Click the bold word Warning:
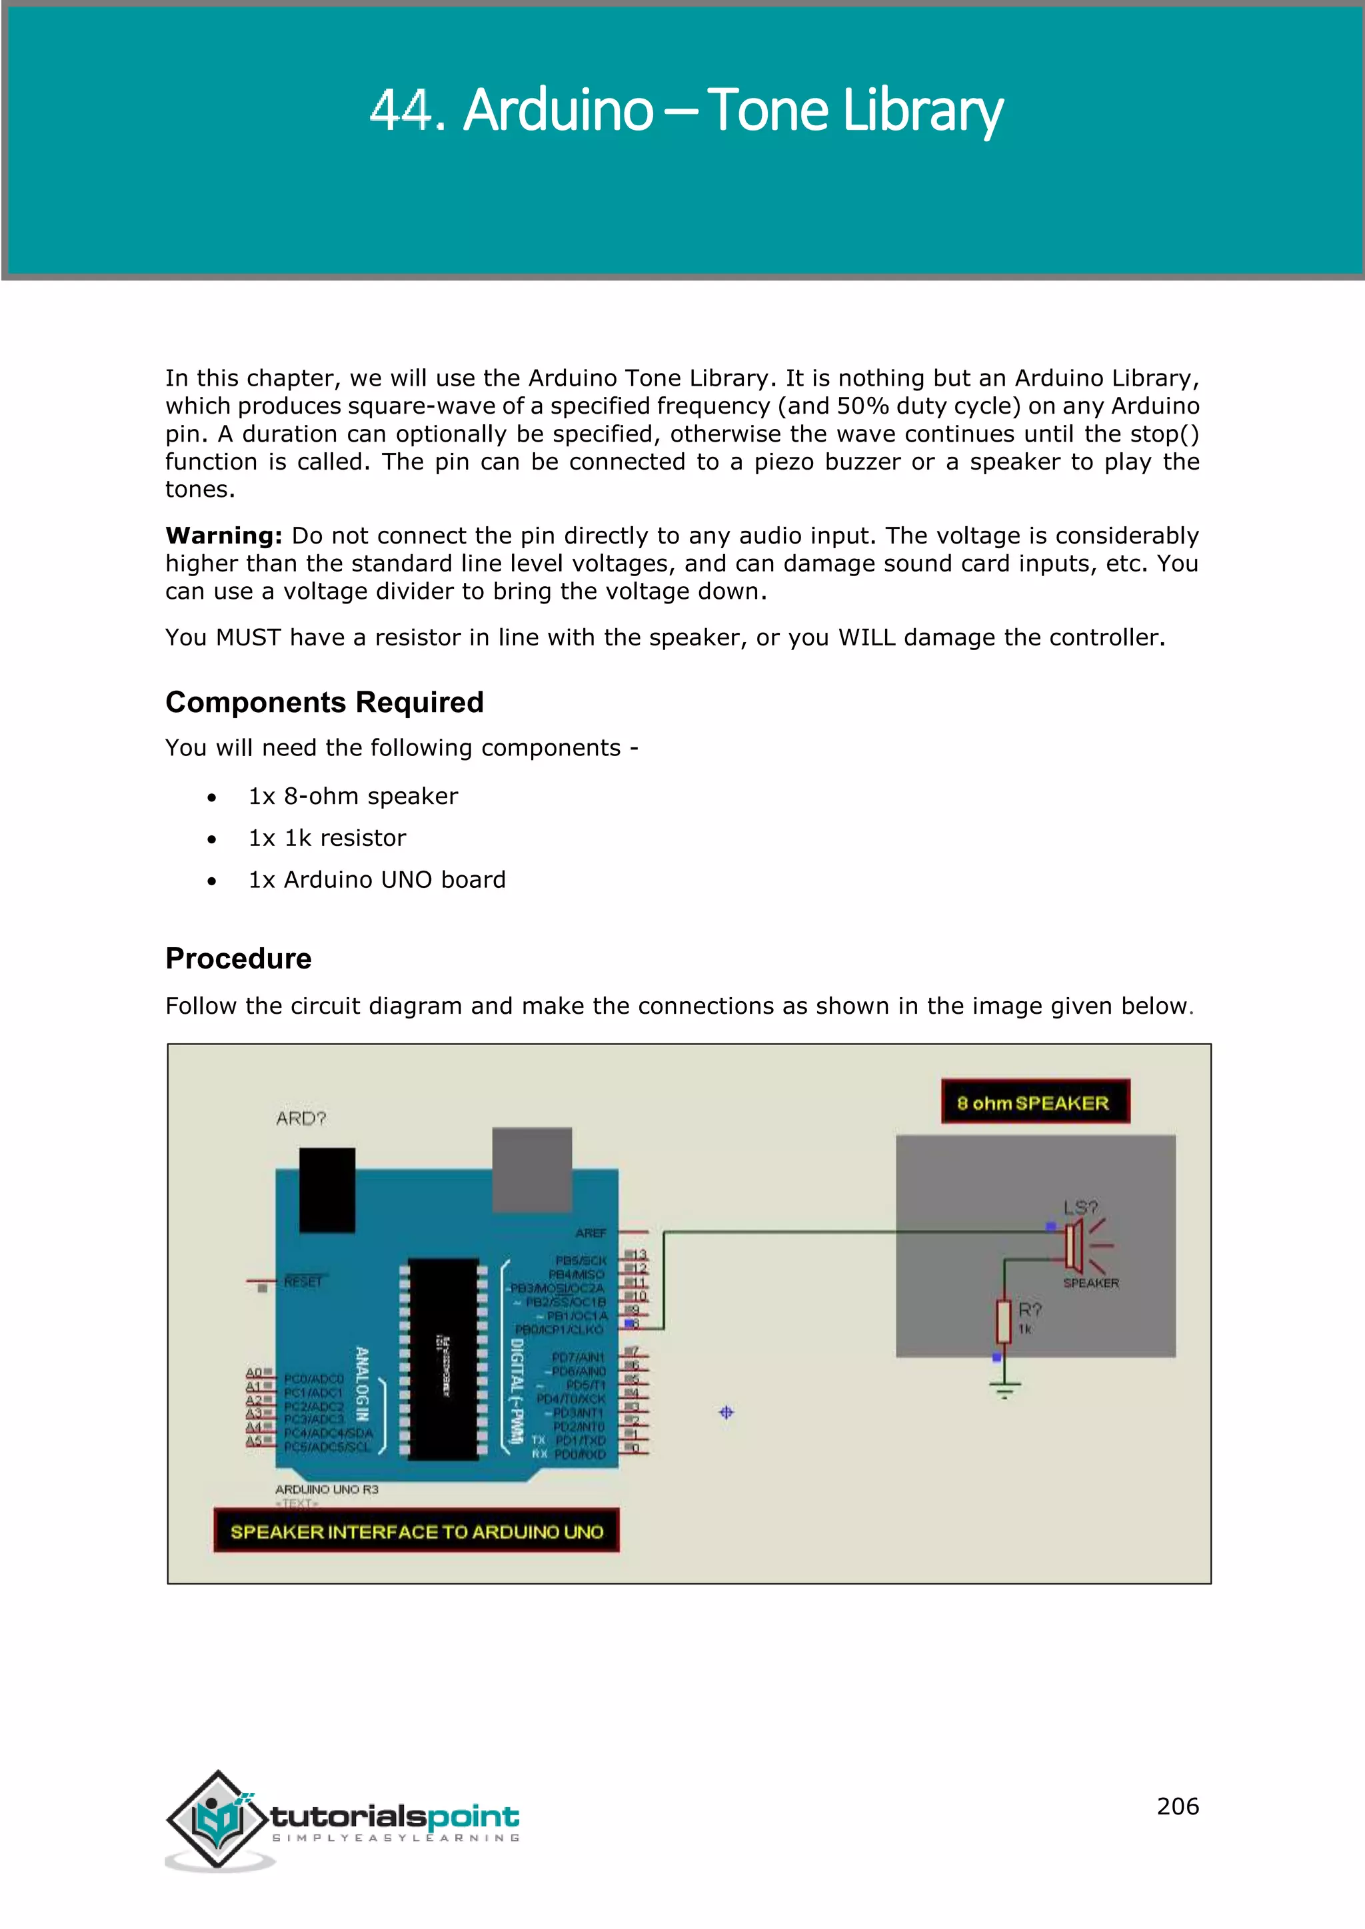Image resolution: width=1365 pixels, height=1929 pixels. pyautogui.click(x=223, y=536)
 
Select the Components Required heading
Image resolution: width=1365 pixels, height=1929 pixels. pyautogui.click(x=325, y=702)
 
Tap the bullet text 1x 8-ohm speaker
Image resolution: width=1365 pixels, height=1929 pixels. pyautogui.click(x=353, y=797)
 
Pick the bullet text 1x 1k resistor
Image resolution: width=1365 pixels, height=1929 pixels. pyautogui.click(x=327, y=839)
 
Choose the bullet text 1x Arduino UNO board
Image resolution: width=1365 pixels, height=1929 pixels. pyautogui.click(x=377, y=881)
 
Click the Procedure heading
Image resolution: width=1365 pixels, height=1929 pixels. pyautogui.click(x=238, y=959)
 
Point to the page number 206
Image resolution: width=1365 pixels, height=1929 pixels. pyautogui.click(x=1177, y=1806)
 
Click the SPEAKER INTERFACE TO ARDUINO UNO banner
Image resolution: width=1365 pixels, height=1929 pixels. pyautogui.click(x=416, y=1531)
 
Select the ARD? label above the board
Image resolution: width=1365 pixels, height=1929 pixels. pyautogui.click(x=300, y=1119)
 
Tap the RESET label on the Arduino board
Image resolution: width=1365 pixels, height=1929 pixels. pyautogui.click(x=303, y=1282)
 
